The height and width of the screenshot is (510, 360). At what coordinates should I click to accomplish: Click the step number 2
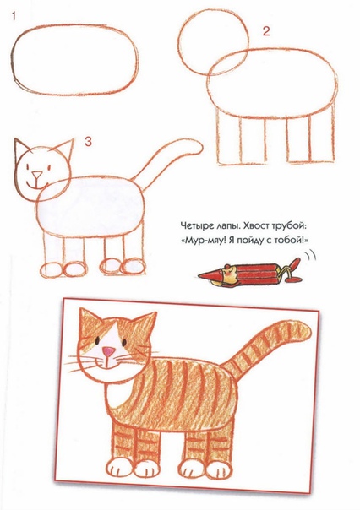click(x=265, y=33)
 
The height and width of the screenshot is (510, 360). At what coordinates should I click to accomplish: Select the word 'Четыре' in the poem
click(x=199, y=226)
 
